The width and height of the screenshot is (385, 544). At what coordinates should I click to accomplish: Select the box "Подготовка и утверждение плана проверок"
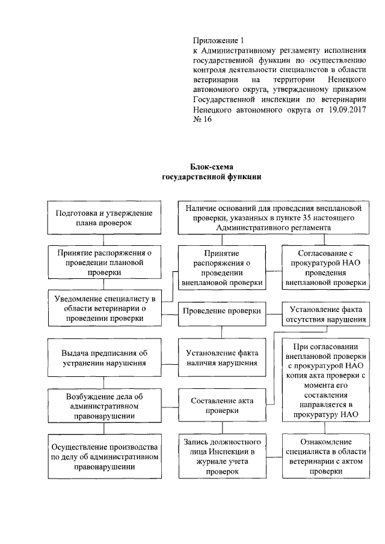coord(103,218)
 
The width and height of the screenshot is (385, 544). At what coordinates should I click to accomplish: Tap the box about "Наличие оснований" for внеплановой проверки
coord(273,218)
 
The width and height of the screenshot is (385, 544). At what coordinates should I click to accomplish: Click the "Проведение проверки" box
coord(221,311)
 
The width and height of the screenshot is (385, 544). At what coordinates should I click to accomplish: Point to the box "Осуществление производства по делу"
coord(103,456)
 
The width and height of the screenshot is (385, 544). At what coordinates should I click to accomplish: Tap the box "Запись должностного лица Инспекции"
coord(221,456)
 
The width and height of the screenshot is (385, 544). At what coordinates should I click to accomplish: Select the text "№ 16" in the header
coord(202,120)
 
